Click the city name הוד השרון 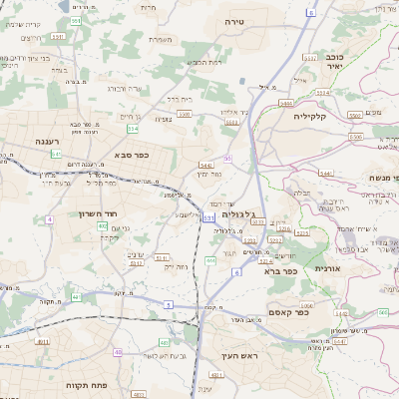pyautogui.click(x=98, y=213)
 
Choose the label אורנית pyautogui.click(x=327, y=268)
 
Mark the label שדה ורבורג pyautogui.click(x=124, y=89)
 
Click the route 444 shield pyautogui.click(x=210, y=260)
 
